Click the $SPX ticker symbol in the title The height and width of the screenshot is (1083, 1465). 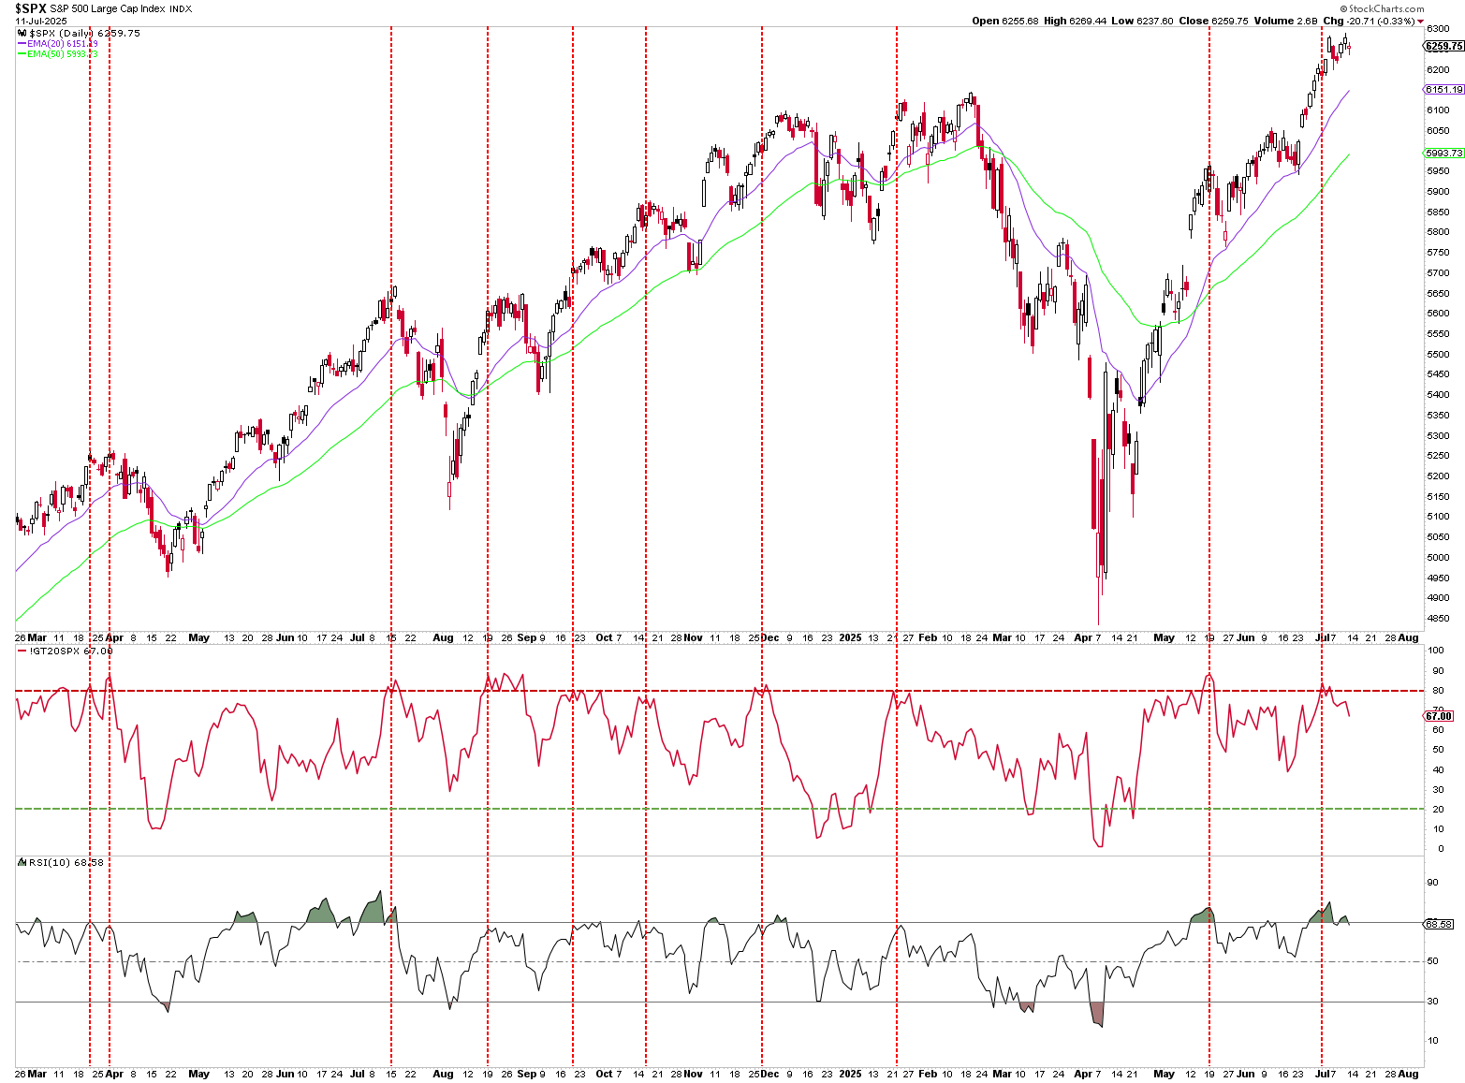(x=30, y=8)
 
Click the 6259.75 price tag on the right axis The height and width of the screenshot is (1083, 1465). (x=1443, y=46)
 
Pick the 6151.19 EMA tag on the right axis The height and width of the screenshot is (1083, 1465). (x=1443, y=90)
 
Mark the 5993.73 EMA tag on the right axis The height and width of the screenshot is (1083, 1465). (x=1443, y=154)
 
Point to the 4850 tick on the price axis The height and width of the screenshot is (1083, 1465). (x=1438, y=619)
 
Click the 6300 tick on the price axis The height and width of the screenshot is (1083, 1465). (x=1438, y=29)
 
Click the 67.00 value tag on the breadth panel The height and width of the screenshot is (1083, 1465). (x=1438, y=716)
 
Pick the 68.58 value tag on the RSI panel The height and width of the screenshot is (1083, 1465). (x=1438, y=924)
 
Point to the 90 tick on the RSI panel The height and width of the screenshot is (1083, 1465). (x=1432, y=883)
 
